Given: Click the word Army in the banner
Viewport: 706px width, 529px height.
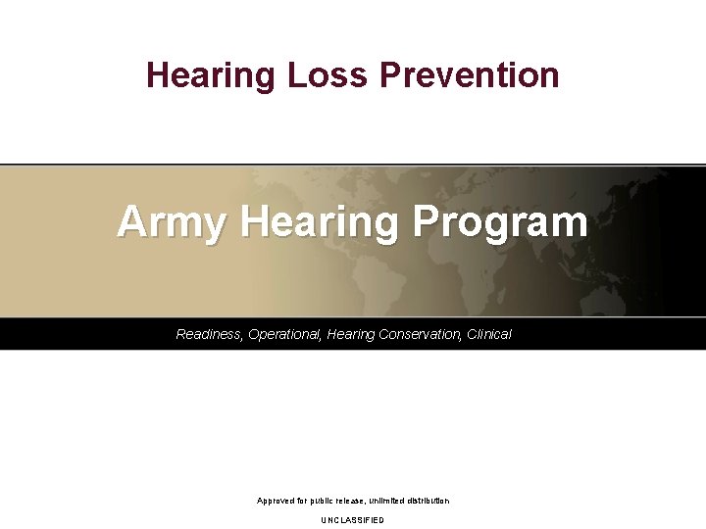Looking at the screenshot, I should coord(173,222).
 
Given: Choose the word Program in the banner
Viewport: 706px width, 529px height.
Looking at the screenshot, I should coord(500,222).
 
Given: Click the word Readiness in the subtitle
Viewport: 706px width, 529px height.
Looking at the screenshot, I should coord(209,335).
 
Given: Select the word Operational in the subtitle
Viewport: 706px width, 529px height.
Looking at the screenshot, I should coord(285,335).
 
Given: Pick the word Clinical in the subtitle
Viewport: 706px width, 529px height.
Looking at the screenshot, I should coord(489,335).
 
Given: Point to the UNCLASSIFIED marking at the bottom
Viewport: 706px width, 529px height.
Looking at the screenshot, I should coord(353,520).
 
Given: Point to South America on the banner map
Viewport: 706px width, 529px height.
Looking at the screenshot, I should coord(378,279).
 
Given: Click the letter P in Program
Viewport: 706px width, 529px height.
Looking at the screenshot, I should coord(424,222).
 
